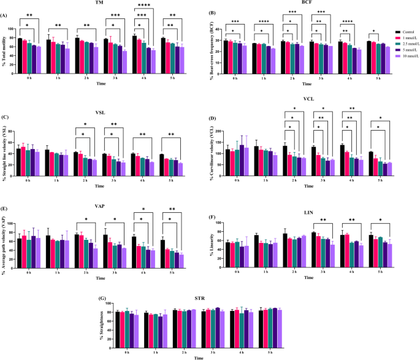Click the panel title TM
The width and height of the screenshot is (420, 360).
(x=99, y=4)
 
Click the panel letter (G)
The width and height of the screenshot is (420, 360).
(x=103, y=299)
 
